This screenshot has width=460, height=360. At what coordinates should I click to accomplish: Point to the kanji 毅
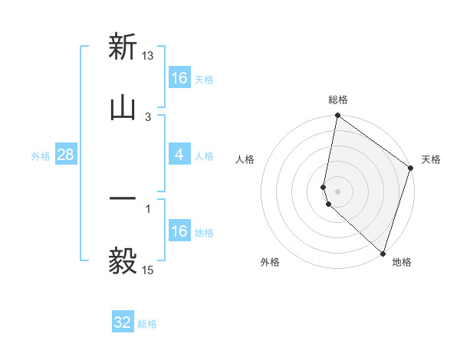[x=123, y=260]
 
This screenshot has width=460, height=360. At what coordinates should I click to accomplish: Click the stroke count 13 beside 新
[x=149, y=55]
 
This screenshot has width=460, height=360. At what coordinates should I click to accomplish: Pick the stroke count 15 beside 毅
[x=149, y=270]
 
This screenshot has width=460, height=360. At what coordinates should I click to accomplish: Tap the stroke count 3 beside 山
[x=149, y=116]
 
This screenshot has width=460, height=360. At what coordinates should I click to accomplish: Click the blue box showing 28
[x=66, y=155]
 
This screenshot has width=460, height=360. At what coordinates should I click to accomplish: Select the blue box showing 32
[x=123, y=322]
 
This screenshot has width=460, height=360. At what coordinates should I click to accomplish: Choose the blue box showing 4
[x=179, y=155]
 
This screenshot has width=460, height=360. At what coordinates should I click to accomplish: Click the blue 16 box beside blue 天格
[x=179, y=78]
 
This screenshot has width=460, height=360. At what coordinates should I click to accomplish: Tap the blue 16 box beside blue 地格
[x=179, y=231]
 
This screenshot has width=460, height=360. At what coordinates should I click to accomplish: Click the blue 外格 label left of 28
[x=41, y=156]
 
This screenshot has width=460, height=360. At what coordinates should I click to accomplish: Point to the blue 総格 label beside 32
[x=147, y=324]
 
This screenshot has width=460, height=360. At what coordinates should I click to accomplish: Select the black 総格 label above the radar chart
[x=338, y=100]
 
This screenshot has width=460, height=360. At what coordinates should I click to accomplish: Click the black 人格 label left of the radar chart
[x=245, y=159]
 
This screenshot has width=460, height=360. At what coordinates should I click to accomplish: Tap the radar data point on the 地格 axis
[x=383, y=254]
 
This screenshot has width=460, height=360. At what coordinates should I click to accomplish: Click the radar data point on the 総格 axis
[x=337, y=116]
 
